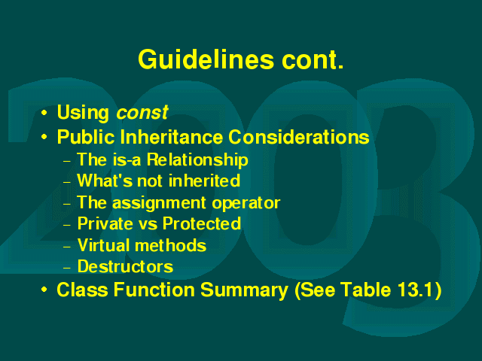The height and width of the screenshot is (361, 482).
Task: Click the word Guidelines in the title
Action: [206, 59]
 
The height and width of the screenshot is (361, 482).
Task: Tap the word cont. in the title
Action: [313, 61]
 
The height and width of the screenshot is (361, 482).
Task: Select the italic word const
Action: [142, 112]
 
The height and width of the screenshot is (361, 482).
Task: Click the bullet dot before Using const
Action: [44, 113]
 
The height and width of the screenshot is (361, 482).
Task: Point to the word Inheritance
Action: [172, 137]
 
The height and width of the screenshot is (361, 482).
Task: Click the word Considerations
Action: [299, 137]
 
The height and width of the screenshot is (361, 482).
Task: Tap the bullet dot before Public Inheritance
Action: [44, 137]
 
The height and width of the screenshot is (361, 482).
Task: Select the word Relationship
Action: [197, 160]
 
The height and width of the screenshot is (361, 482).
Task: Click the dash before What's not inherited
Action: [67, 182]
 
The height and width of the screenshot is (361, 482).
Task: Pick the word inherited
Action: [204, 180]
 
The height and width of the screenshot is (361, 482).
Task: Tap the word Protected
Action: [202, 223]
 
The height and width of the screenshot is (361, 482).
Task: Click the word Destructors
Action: [126, 266]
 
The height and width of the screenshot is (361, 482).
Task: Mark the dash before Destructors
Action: [67, 268]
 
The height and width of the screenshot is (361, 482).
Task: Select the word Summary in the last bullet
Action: [244, 290]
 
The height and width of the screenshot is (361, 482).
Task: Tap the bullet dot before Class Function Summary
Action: [44, 290]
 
